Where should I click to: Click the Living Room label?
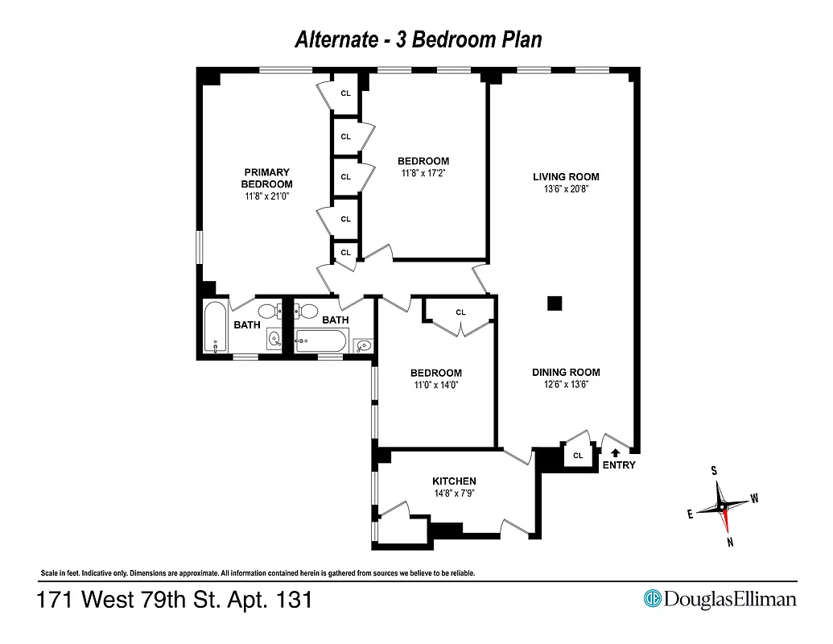click(x=566, y=177)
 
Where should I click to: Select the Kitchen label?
click(x=456, y=481)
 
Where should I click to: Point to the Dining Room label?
click(x=566, y=372)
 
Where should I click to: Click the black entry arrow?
click(x=617, y=452)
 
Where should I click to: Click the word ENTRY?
click(x=619, y=465)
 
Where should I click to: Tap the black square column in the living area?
click(x=555, y=303)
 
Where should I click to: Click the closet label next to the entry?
click(x=577, y=456)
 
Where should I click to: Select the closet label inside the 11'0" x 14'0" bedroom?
click(x=460, y=312)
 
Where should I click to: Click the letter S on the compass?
click(x=714, y=471)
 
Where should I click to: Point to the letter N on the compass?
click(x=730, y=543)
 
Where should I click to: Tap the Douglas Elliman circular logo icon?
click(x=651, y=599)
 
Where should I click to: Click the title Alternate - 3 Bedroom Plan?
click(x=418, y=39)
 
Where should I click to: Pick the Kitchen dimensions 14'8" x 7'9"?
click(x=456, y=493)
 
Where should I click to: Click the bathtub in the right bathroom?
click(x=322, y=341)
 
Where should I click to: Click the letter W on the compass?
click(x=754, y=498)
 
